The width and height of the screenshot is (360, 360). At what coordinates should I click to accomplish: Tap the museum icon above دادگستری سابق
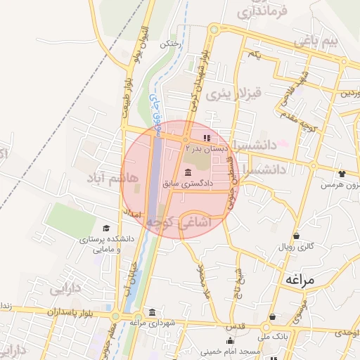tap(188, 172)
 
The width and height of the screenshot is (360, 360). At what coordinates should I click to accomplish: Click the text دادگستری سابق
tap(187, 184)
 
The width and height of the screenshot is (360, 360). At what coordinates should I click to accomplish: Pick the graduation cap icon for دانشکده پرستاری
tap(106, 229)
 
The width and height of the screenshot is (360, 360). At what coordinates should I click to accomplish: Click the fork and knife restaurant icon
tap(207, 138)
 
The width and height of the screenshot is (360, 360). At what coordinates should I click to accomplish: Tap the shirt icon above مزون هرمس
tap(342, 173)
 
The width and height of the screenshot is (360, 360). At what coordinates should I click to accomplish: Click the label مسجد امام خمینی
tap(225, 349)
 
